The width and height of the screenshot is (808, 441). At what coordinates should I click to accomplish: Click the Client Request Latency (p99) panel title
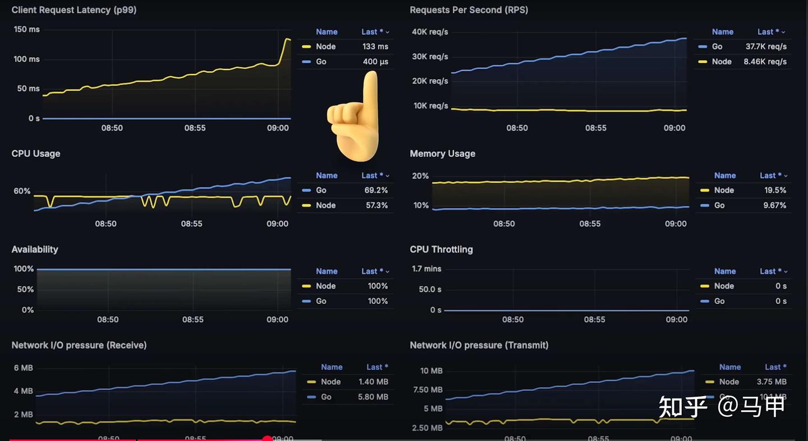[74, 10]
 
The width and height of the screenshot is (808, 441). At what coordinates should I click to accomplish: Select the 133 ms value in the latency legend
[375, 47]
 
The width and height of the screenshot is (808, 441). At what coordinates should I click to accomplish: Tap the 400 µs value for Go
[375, 62]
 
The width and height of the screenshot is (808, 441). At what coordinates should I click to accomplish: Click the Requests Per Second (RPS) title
[469, 10]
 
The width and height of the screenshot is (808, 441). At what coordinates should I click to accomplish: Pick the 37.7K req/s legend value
[766, 47]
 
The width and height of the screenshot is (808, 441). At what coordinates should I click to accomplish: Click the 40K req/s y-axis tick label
[430, 32]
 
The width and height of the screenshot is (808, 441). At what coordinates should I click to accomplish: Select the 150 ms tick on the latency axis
[26, 29]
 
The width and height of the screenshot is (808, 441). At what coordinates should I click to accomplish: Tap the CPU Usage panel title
[36, 154]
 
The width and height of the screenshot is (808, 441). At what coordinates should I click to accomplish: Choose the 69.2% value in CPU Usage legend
[376, 190]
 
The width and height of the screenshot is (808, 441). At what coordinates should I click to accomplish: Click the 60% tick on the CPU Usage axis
[22, 191]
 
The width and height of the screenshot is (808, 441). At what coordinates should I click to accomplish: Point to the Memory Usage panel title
[442, 154]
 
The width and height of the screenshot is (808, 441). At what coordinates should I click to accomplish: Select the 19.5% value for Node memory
[775, 190]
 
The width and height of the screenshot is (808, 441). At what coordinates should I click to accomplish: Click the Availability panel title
[35, 249]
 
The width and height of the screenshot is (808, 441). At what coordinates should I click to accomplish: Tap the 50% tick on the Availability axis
[26, 289]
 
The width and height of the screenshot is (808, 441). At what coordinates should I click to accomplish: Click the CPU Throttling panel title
[441, 249]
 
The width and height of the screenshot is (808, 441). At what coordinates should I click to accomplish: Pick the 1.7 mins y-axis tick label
[426, 269]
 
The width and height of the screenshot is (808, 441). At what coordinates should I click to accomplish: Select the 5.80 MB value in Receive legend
[373, 397]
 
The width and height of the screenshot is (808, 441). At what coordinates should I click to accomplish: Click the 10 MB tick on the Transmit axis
[431, 371]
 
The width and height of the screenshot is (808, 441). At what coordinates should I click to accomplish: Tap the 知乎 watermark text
[683, 406]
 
